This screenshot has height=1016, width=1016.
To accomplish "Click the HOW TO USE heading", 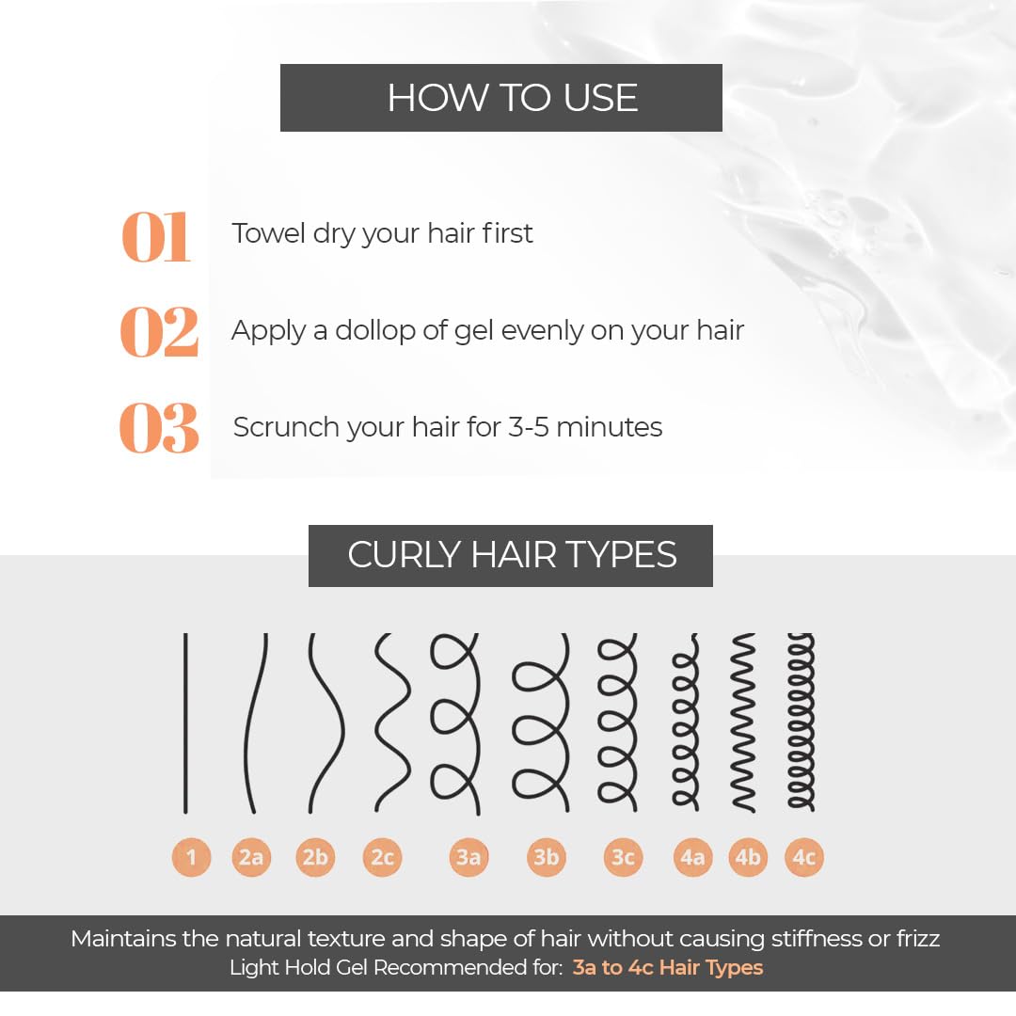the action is pos(513,98).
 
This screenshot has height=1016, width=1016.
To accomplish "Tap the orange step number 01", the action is pos(156,237).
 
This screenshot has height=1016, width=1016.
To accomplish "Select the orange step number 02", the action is pos(159,332).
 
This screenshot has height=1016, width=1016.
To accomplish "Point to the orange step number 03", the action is pos(159,428).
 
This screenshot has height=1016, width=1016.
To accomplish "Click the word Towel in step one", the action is pos(268,233).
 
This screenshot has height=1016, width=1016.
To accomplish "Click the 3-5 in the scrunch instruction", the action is pos(528,427).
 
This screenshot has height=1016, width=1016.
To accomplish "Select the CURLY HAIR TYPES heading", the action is pos(512,555).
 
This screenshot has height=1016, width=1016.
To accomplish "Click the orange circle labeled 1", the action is pos(191,857).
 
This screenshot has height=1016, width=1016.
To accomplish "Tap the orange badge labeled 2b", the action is pos(315,857).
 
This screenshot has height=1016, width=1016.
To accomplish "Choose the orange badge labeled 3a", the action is pos(468,857).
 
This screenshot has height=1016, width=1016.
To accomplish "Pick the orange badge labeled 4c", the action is pos(804,857).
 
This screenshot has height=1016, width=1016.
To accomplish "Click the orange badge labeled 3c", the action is pos(623,857).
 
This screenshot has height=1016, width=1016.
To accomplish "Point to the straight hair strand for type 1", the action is pos(185,723).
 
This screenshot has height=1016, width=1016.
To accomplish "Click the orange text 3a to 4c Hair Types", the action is pos(667,967).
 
